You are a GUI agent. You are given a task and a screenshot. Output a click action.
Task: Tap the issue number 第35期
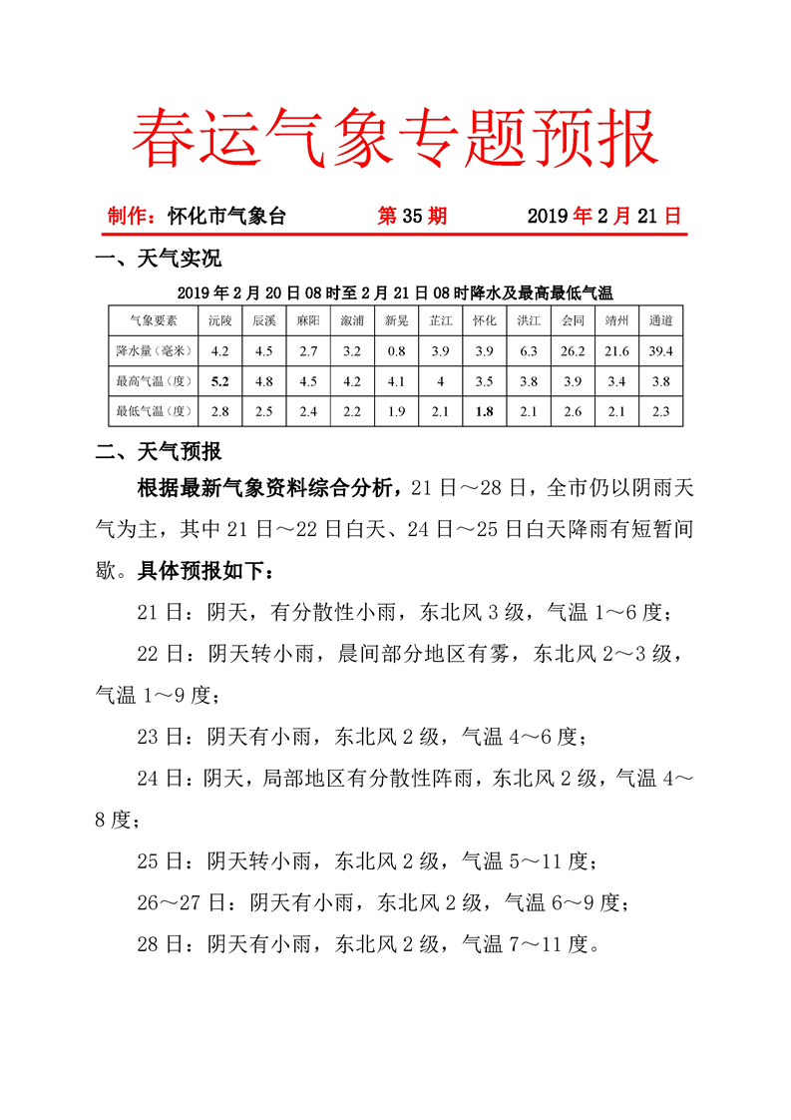[412, 216]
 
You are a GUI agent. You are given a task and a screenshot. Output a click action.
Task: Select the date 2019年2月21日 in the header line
[603, 216]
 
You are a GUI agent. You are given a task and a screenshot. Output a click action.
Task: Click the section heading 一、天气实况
[158, 260]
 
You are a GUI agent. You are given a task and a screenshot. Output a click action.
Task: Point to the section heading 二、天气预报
[158, 451]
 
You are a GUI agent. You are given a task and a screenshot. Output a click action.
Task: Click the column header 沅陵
[220, 320]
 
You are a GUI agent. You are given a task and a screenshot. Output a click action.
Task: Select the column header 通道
[660, 320]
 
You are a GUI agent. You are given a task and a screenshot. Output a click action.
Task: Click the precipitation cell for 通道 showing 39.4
[660, 350]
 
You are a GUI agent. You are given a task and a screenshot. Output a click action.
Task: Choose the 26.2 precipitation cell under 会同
[573, 350]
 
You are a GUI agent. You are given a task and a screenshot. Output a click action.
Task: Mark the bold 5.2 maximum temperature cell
[220, 380]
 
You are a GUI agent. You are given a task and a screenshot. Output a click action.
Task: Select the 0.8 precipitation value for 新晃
[396, 350]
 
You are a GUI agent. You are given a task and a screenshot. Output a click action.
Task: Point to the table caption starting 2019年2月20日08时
[395, 292]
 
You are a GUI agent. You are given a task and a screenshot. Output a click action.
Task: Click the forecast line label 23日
[160, 738]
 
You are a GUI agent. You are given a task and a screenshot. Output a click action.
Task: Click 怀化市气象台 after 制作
[226, 216]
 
